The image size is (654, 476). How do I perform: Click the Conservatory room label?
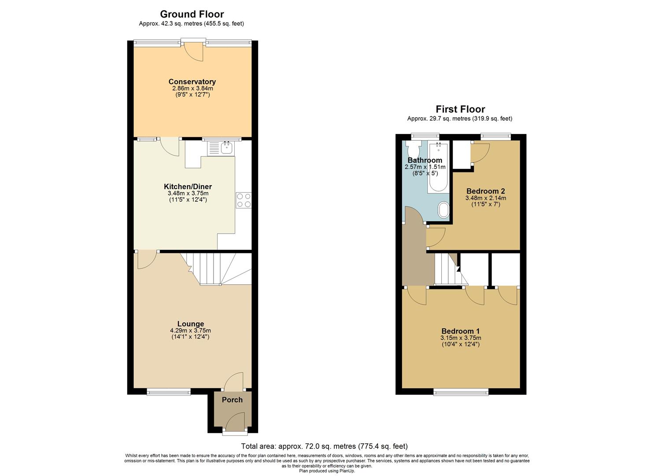pos(192,82)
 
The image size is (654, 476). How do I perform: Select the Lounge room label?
pos(190,324)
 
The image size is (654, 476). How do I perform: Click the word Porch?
pos(232,400)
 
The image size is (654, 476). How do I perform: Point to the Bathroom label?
pos(425,160)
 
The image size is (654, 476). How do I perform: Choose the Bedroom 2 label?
pos(485,191)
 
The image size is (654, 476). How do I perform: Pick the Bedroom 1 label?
pos(461,331)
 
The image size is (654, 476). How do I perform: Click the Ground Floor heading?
pos(192,14)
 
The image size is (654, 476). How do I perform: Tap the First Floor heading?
pos(460,109)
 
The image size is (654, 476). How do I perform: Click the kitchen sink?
pos(227,148)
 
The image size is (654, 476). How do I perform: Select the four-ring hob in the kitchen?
pos(244,201)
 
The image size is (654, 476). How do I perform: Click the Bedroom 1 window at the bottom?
pos(461,392)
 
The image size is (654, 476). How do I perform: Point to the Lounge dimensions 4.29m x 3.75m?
pos(190,331)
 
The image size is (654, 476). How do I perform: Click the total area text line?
pos(324,446)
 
